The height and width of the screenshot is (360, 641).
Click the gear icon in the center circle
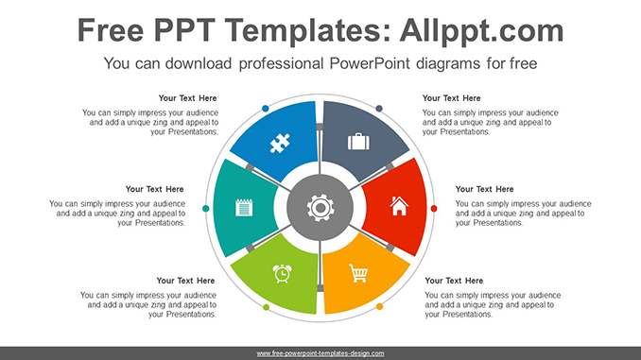point(320,208)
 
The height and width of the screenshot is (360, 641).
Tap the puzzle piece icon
point(280,143)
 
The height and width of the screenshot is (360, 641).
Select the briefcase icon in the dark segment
point(358,142)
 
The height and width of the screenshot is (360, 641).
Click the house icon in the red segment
point(399,206)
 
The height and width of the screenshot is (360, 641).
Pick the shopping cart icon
point(358,273)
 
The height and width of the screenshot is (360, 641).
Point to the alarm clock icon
point(282,273)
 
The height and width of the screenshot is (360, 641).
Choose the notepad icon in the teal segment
point(244,207)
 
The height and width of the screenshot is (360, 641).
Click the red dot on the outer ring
point(434,209)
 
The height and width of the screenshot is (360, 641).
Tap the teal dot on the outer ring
point(205,209)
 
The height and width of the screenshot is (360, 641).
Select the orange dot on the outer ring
point(379,306)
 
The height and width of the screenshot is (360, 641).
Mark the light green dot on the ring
point(266,307)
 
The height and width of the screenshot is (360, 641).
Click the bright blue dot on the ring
point(266,109)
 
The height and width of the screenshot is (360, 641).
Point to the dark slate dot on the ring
point(379,109)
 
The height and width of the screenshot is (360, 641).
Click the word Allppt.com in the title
point(481,30)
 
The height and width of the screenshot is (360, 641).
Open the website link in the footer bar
point(320,353)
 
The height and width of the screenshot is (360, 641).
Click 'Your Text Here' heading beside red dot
point(484,189)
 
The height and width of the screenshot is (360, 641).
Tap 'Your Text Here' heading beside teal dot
point(154,189)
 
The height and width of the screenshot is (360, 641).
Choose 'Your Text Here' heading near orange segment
point(454,281)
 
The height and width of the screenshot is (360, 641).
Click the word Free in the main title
point(111,30)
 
